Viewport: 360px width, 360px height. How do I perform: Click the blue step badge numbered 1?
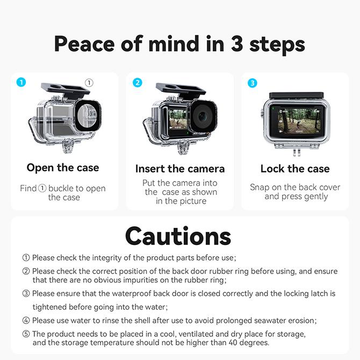[x=21, y=82]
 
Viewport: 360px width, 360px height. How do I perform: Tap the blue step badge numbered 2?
[x=138, y=82]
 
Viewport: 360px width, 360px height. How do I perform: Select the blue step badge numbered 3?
[x=253, y=83]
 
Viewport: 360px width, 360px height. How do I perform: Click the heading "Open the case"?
[x=63, y=168]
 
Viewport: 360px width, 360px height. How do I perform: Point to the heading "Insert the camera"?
[x=180, y=169]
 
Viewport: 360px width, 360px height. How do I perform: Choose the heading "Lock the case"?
[x=295, y=169]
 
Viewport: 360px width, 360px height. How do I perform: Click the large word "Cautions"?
[x=178, y=236]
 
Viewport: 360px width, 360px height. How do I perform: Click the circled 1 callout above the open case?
[x=89, y=83]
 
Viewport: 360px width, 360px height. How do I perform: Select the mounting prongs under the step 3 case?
[x=296, y=152]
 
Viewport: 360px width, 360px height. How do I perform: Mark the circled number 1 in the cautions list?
[x=26, y=258]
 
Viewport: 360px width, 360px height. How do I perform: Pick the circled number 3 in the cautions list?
[x=26, y=293]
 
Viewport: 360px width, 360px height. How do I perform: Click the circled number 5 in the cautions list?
[x=26, y=334]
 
